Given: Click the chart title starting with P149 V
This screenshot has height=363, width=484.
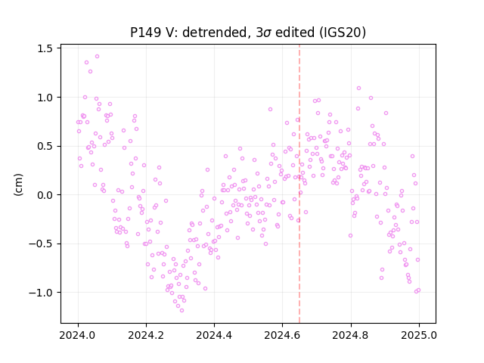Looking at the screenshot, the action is coord(248,33).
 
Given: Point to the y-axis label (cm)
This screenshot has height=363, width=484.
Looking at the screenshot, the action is coord(18,185).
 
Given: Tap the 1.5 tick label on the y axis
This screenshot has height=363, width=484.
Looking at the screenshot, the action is coord(45,48).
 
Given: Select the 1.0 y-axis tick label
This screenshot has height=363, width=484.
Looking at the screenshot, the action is coord(45,98).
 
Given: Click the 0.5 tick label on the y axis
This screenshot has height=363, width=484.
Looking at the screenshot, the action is coord(45,146).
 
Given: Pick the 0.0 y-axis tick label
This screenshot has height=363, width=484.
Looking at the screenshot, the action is coord(45,195).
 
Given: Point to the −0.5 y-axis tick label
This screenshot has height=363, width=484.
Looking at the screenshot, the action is coord(40,244).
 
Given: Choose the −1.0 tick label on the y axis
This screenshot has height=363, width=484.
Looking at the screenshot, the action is coord(40,293).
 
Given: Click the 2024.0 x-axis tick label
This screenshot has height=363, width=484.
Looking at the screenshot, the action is coord(78,335).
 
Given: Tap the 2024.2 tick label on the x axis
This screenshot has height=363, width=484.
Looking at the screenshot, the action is coord(146,335).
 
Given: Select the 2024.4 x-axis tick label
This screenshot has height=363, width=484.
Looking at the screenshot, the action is coord(214,335).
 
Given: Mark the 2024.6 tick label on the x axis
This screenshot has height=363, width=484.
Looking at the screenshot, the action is coord(282,335).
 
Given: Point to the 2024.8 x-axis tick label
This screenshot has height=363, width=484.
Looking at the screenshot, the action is coord(351,335).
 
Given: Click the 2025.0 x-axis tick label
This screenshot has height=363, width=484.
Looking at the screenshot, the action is coord(419,335).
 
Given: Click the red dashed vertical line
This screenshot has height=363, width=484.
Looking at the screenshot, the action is coord(299,184).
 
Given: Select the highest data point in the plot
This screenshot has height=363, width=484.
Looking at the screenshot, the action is coord(98,57).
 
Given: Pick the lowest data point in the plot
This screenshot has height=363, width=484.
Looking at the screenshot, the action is coord(181,310).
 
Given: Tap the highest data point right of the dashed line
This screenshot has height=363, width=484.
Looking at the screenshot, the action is coord(358,88).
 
